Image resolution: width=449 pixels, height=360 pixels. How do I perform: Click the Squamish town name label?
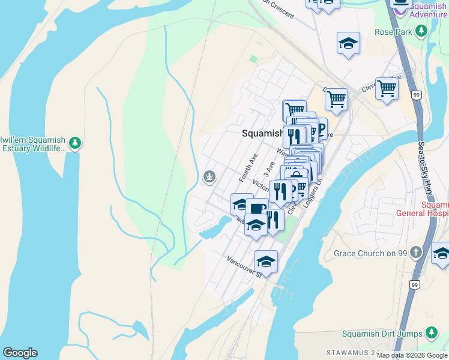tap(262, 133)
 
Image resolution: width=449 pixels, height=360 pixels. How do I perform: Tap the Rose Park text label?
tap(393, 31)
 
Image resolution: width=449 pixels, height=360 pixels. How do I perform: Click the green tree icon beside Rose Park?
tap(422, 31)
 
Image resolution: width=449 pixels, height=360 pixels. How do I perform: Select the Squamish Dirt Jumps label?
tap(381, 334)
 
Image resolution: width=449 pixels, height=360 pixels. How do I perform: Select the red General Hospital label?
tap(423, 208)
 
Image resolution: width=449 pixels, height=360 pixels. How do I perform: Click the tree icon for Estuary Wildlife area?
tap(74, 143)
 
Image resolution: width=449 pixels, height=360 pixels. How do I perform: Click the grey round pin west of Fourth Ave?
tap(209, 176)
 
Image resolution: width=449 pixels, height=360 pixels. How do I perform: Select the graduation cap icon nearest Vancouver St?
tap(266, 262)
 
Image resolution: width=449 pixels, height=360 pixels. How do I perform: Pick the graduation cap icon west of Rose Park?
tap(348, 44)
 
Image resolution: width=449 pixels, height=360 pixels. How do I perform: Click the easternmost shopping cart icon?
tap(387, 89)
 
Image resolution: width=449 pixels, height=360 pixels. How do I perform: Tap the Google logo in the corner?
tap(20, 353)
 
